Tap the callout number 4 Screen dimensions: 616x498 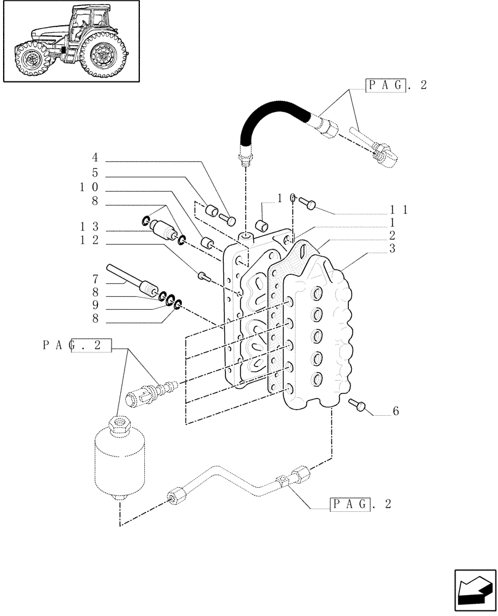coord(95,157)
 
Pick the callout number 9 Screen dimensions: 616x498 coord(95,306)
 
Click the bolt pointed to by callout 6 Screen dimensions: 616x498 coord(357,405)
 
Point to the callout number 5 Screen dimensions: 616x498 coord(95,173)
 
